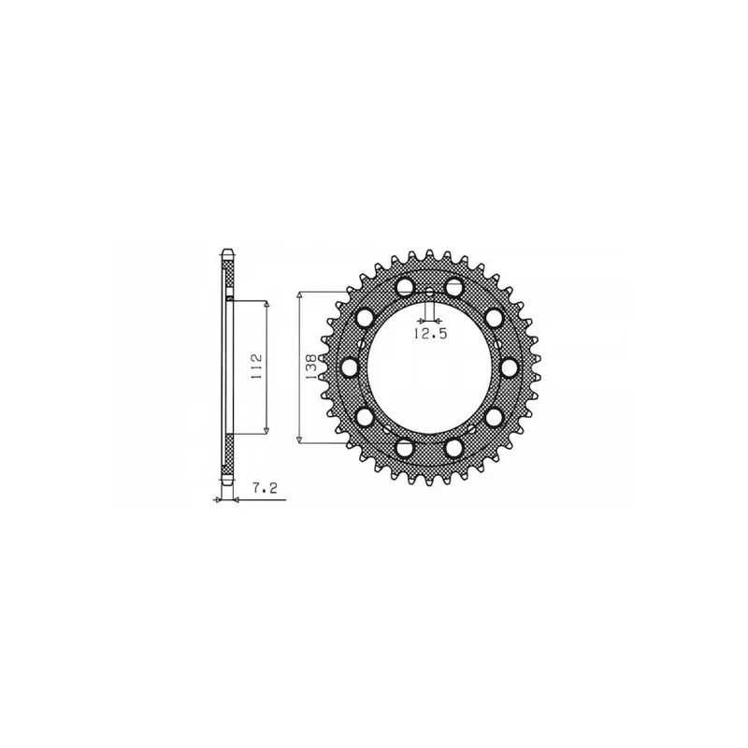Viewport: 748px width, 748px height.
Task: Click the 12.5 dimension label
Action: [x=430, y=334]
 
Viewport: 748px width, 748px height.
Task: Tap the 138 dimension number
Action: [x=311, y=367]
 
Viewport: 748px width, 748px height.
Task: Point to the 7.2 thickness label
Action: [x=266, y=488]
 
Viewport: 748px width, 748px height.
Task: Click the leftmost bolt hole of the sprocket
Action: [x=351, y=367]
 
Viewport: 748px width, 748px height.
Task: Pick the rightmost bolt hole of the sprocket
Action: [x=510, y=367]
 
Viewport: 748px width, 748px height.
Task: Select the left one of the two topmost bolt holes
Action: [x=406, y=286]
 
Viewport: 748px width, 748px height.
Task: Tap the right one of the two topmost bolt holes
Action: [x=454, y=286]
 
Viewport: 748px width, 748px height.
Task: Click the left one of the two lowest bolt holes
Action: [x=406, y=448]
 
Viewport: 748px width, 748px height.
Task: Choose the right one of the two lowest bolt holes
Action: [x=454, y=448]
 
